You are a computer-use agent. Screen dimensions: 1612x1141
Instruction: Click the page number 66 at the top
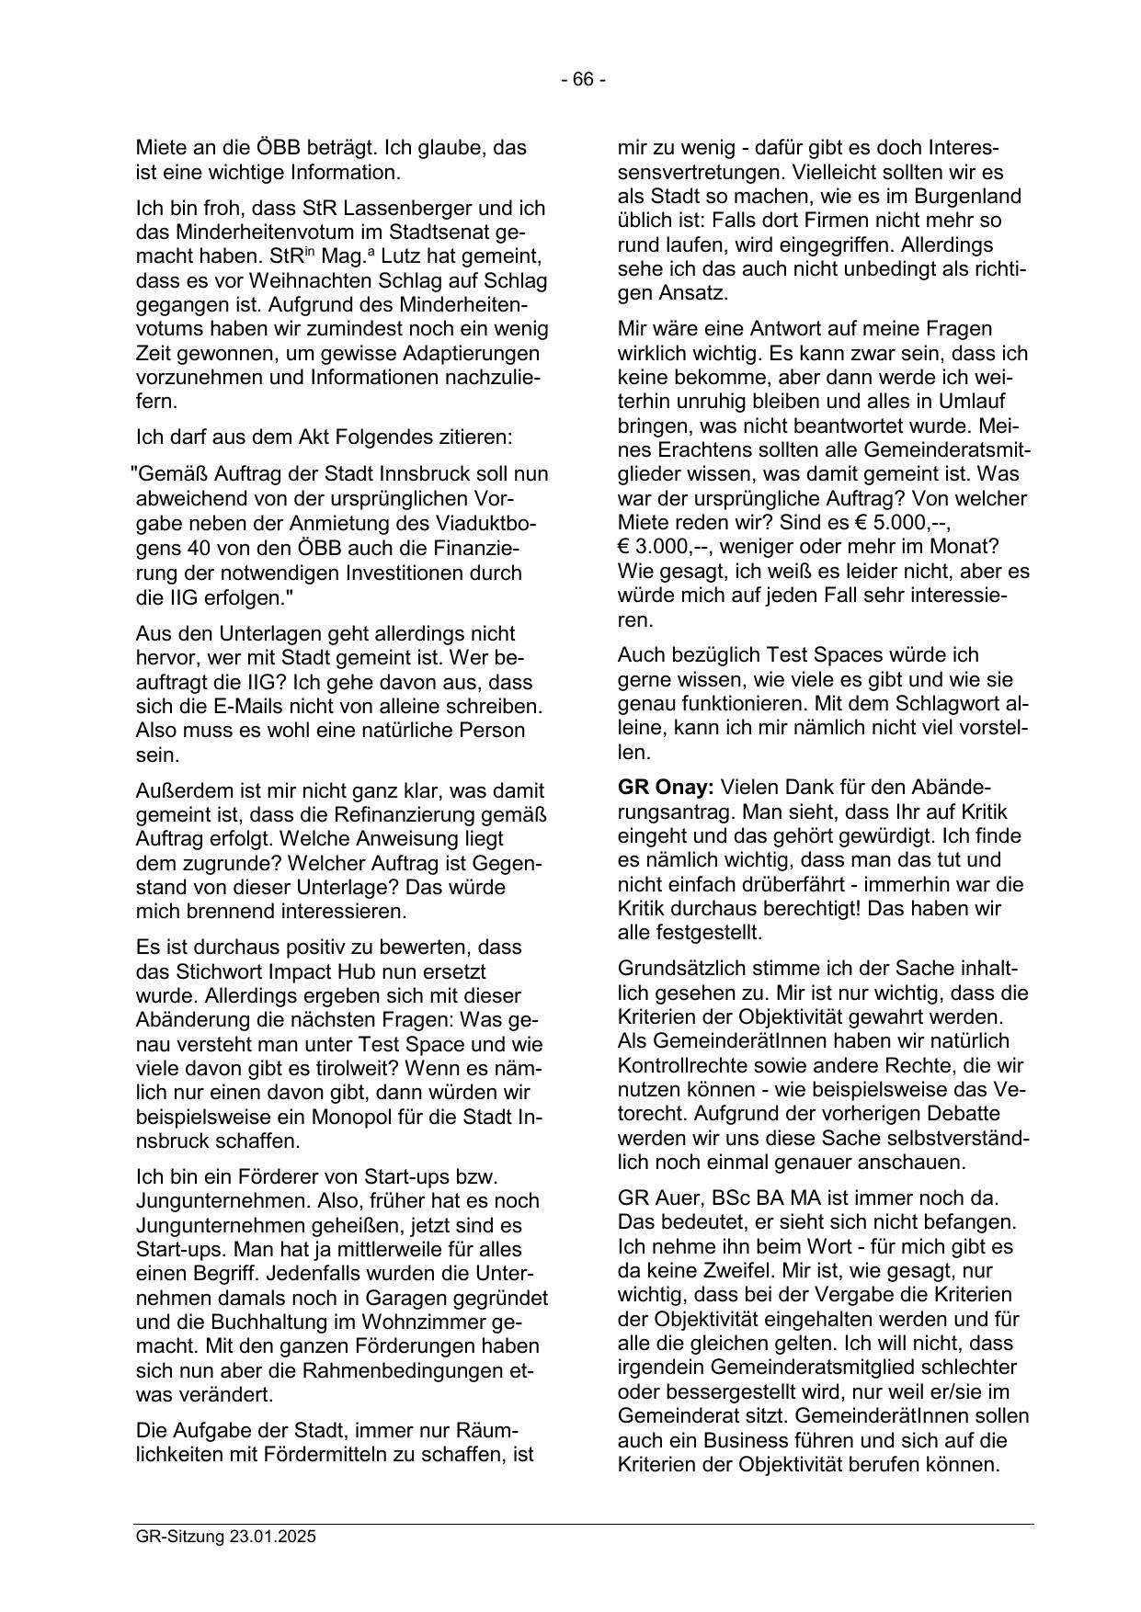[583, 80]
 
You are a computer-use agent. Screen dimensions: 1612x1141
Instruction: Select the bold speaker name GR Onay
[666, 788]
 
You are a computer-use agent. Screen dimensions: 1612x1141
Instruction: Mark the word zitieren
[480, 437]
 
